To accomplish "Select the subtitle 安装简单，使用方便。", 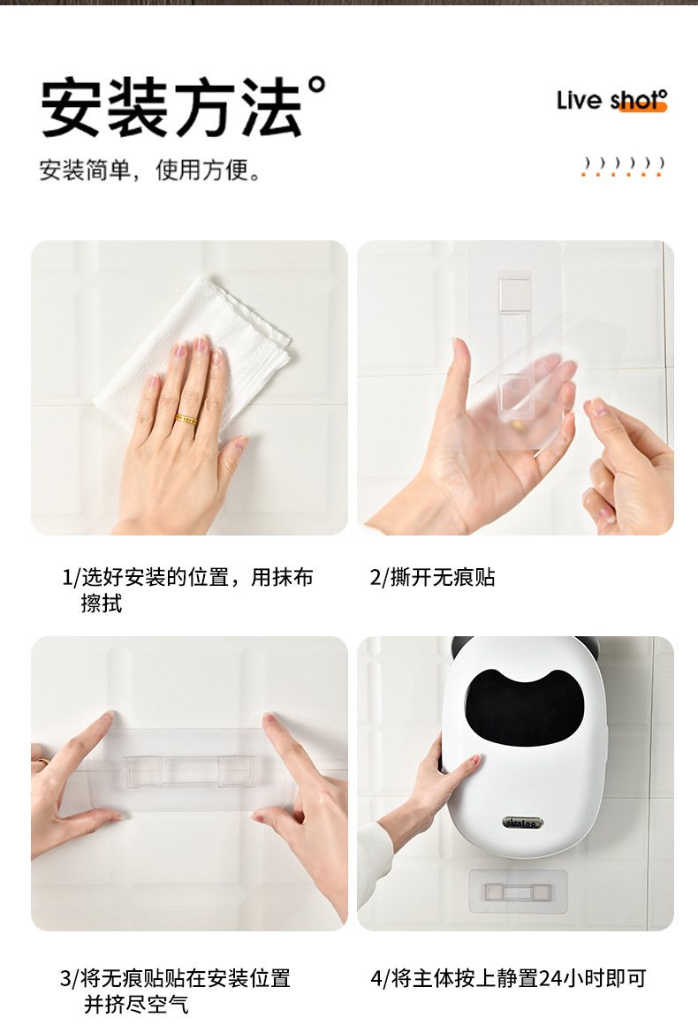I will point(150,170).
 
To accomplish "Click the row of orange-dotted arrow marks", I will point(623,166).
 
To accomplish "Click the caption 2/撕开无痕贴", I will point(432,578).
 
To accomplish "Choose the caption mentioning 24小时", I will point(508,978).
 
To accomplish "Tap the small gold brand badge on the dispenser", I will point(522,823).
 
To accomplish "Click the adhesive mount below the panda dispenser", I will point(517,892).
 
